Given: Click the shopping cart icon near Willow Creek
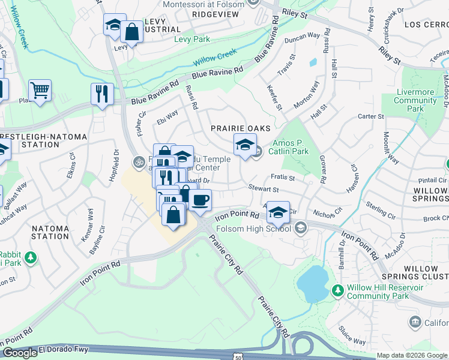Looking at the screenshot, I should [40, 91].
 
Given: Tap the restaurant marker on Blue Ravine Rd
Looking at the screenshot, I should [102, 94].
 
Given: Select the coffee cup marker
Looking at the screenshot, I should [200, 200].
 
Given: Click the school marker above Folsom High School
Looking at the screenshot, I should [278, 212].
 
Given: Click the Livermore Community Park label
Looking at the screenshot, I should [415, 100].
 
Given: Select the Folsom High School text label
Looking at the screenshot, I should [262, 228].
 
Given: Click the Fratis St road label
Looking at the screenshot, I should [283, 178].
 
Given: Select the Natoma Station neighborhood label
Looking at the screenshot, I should [50, 232].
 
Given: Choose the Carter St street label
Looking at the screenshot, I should [370, 116].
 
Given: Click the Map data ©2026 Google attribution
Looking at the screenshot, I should [412, 355].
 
